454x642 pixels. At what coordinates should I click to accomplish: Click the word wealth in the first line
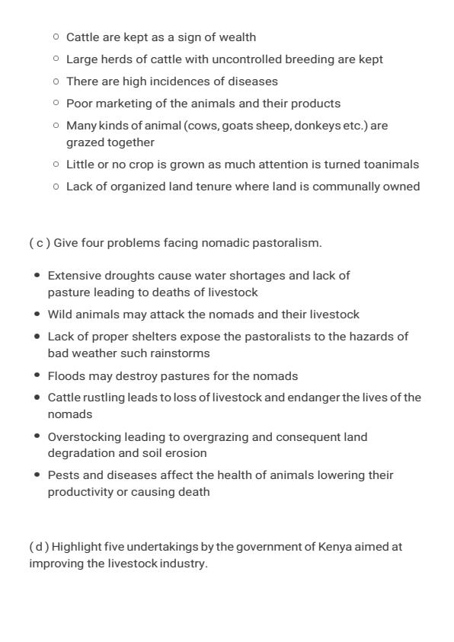pyautogui.click(x=238, y=37)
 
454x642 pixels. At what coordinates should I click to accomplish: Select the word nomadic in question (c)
pyautogui.click(x=219, y=243)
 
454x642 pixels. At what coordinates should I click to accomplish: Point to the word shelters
pyautogui.click(x=139, y=337)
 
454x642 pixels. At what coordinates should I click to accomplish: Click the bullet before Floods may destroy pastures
pyautogui.click(x=37, y=375)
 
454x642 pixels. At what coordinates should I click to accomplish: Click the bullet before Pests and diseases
pyautogui.click(x=37, y=474)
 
